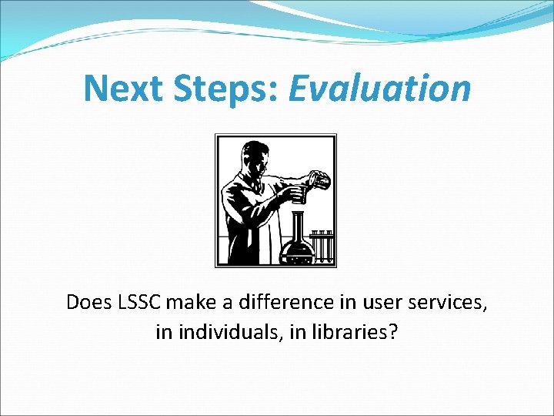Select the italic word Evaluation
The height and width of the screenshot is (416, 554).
coord(379,88)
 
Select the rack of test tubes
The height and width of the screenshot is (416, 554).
coord(322,245)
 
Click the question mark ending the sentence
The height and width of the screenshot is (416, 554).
coord(394,333)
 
